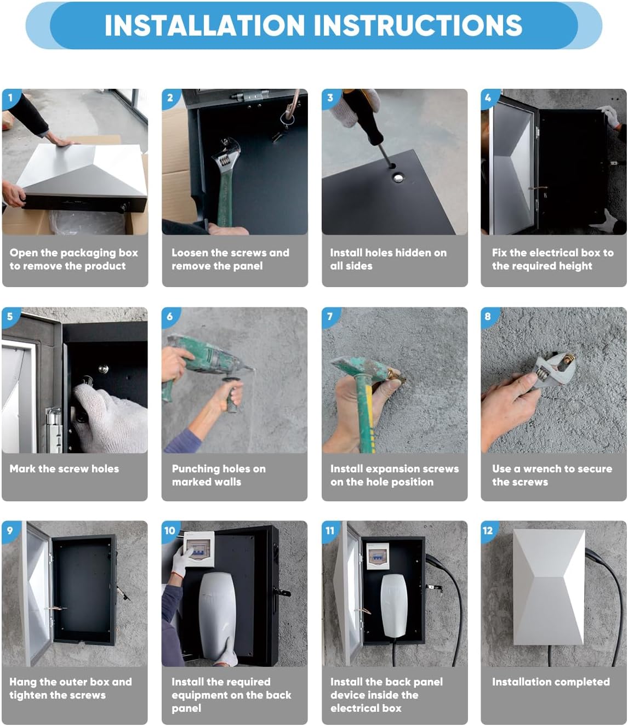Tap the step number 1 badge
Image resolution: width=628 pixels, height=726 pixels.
click(10, 98)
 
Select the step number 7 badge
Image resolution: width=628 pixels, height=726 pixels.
click(330, 316)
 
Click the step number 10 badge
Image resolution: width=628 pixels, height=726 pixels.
click(170, 530)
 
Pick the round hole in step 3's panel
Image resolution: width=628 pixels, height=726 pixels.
click(398, 178)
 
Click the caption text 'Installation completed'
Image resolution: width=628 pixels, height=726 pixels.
click(551, 682)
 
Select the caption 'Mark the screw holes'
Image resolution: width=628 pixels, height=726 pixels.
click(64, 468)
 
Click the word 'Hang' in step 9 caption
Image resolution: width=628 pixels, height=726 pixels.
click(23, 682)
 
